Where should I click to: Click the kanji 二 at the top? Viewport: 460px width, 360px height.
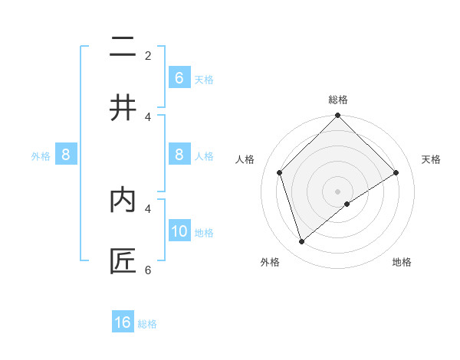tap(123, 47)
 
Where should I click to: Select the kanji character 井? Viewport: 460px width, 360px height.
tap(123, 108)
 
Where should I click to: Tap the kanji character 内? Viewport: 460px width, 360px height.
tap(123, 200)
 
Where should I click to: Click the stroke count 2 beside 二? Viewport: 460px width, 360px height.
tap(148, 55)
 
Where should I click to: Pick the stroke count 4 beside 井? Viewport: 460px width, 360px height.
tap(148, 116)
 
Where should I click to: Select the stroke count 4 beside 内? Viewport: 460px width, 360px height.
tap(148, 208)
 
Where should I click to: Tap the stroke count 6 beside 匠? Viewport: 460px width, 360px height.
tap(148, 270)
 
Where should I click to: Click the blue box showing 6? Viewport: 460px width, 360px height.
tap(179, 78)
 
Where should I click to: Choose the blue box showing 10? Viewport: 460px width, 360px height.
tap(179, 231)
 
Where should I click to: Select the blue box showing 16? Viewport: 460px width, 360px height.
tap(123, 322)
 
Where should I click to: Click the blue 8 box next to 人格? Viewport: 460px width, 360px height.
tap(179, 155)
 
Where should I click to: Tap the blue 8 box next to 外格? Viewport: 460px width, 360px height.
tap(66, 155)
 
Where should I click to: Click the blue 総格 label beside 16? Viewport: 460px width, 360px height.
tap(147, 324)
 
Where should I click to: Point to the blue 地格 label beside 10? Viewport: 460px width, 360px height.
tap(204, 233)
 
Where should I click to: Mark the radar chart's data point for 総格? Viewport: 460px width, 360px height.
tap(337, 116)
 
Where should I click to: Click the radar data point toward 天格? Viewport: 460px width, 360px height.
tap(396, 172)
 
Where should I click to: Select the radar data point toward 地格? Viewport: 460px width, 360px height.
tap(347, 204)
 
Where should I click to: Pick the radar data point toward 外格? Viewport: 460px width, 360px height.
tap(301, 242)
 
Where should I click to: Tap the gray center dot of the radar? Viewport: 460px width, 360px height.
tap(337, 191)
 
